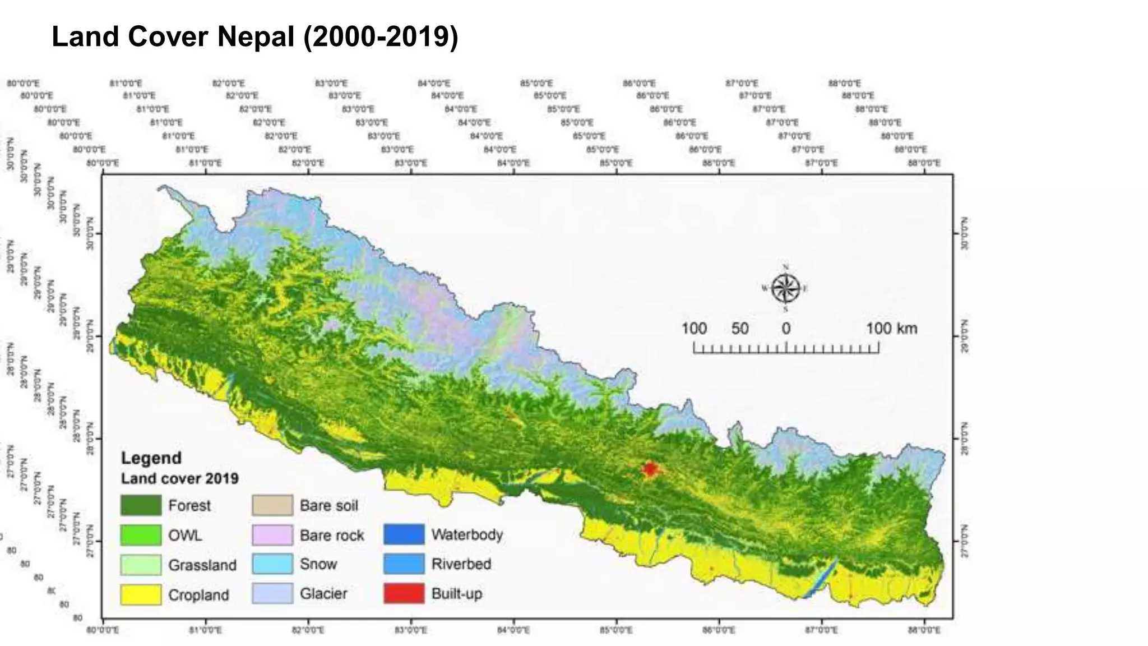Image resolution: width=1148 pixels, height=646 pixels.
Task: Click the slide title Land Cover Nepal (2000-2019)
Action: coord(255,37)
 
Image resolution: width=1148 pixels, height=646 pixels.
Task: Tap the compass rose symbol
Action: coord(785,289)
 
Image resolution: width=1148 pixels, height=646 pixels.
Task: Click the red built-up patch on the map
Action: coord(650,468)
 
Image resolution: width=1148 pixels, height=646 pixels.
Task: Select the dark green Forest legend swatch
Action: coord(141,505)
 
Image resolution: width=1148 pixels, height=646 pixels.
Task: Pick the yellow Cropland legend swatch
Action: coord(141,594)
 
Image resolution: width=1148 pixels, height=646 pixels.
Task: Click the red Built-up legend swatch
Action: coord(404,593)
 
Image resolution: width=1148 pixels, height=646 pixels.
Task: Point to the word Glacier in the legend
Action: coord(323,593)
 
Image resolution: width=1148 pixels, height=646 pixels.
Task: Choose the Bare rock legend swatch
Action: coord(272,535)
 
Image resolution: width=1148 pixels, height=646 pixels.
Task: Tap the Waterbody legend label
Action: coord(467,534)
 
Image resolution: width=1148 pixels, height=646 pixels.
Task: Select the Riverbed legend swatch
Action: coord(404,564)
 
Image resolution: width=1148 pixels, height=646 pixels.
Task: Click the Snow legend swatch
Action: coord(272,564)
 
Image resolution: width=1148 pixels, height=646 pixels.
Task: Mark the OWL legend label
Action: coord(185,536)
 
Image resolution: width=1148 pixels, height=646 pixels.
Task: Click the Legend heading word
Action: coord(151,458)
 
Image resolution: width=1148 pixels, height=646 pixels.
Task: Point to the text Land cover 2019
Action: coord(180,478)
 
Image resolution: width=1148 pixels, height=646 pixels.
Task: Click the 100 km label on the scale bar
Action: coord(891,329)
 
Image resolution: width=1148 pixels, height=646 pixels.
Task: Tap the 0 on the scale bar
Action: coord(786,329)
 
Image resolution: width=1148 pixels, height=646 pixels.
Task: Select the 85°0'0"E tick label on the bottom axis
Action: coord(616,630)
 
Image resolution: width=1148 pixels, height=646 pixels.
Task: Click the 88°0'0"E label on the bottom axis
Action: coord(924,630)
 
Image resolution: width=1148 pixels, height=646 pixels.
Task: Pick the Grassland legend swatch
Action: coord(141,565)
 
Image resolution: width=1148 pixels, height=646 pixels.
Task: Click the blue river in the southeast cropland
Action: coord(820,579)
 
